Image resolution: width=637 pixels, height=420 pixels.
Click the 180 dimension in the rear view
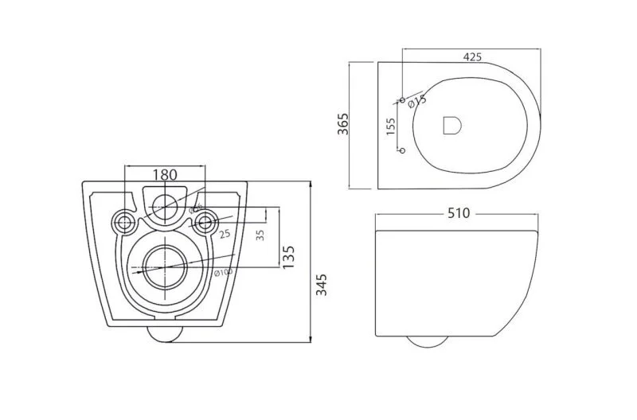tap(165, 174)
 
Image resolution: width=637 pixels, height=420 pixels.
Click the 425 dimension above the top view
tap(472, 56)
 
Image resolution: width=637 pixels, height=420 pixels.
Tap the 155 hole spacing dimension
tap(390, 127)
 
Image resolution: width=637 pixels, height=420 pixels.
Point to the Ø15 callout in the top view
tap(416, 100)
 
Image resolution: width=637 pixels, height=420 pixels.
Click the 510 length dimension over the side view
tap(458, 212)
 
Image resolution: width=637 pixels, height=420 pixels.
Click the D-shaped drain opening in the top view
tap(451, 125)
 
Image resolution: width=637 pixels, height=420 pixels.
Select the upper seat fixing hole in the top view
tap(401, 100)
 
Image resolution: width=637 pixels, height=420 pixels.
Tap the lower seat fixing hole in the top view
tap(401, 150)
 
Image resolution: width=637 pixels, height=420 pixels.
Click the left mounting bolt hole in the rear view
tap(123, 221)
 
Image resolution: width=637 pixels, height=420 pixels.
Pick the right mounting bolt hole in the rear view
tap(205, 221)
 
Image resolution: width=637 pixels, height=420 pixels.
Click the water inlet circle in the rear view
tap(165, 205)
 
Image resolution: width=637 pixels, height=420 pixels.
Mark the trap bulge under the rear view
tap(165, 333)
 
